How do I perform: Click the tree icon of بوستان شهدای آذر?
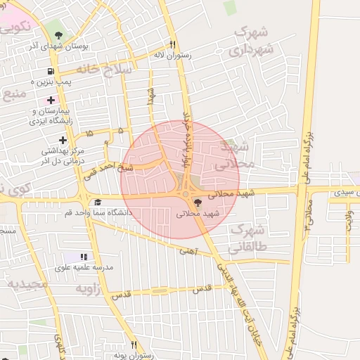(58, 35)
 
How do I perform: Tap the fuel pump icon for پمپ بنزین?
(51, 71)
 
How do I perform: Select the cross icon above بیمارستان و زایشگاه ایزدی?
(51, 100)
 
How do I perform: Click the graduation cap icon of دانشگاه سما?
(97, 202)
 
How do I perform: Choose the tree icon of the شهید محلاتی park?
(196, 202)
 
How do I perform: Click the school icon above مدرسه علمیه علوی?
(84, 257)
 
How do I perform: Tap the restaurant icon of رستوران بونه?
(134, 345)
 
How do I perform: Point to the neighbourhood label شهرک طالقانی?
(247, 239)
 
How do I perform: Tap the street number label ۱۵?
(89, 133)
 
